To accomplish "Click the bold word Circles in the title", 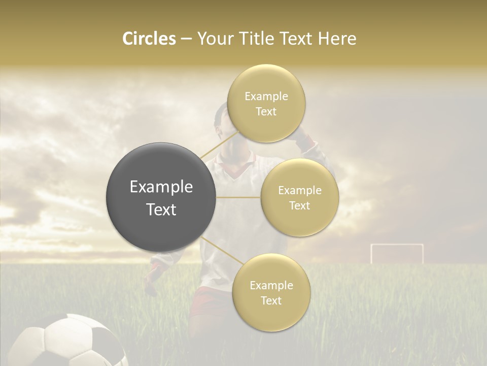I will (149, 39).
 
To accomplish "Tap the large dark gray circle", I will (161, 197).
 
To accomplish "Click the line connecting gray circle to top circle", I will (219, 144).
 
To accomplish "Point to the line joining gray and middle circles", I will (238, 197).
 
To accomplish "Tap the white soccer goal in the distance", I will (397, 253).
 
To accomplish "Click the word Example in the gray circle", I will (161, 187).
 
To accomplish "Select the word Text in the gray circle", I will (161, 209).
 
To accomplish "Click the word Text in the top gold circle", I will (266, 112).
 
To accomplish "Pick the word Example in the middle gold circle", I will (299, 191).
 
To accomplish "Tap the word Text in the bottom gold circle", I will (271, 300).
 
